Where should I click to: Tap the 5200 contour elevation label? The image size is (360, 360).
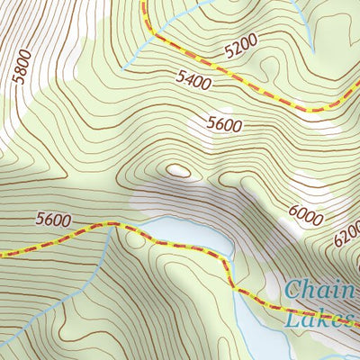(240, 44)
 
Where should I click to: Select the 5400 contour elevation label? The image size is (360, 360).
(194, 83)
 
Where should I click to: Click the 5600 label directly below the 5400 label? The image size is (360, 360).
(224, 124)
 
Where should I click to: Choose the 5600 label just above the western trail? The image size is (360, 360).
(53, 219)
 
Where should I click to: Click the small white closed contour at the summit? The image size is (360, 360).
(178, 169)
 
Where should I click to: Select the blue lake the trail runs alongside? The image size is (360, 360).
(193, 232)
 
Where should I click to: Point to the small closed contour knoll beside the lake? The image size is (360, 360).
(136, 238)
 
